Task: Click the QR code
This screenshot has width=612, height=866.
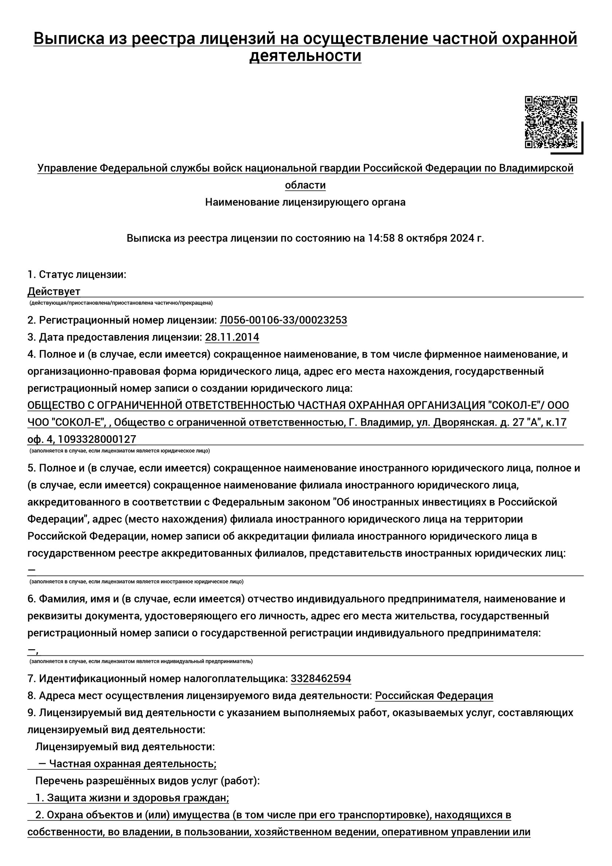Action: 551,122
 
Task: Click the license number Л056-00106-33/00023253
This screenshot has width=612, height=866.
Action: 283,320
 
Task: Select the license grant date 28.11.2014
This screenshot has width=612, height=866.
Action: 232,337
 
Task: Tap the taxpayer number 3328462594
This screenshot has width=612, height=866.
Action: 321,679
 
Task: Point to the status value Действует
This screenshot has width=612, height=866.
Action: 54,291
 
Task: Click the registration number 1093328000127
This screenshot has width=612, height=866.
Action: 102,440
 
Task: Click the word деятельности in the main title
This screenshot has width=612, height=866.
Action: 305,56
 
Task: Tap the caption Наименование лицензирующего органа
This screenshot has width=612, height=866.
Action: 305,202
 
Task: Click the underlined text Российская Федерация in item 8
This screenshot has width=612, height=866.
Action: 434,695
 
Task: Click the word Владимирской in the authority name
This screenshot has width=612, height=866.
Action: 536,168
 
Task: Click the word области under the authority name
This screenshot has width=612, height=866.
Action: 305,185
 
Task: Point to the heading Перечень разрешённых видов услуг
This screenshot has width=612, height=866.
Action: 148,781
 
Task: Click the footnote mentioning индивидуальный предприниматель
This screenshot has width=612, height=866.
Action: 141,661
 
